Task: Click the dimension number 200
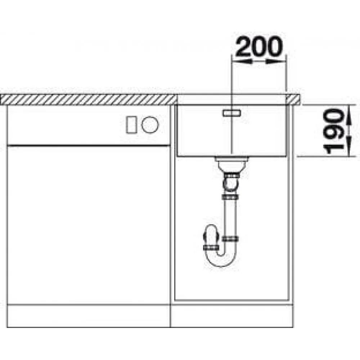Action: [259, 46]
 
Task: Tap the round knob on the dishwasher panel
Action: [150, 125]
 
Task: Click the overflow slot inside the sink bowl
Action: [231, 113]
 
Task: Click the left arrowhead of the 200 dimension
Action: [242, 61]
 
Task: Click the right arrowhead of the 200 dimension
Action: [276, 61]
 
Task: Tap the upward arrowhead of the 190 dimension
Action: [348, 114]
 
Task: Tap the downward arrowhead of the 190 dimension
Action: [348, 147]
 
